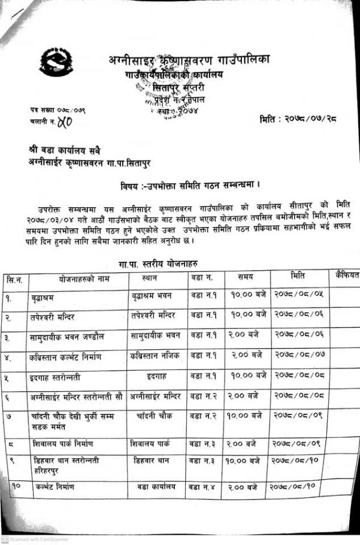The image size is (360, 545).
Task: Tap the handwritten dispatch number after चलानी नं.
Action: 65,123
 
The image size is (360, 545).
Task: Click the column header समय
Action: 245,277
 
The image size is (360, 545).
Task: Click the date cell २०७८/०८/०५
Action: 297,295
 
